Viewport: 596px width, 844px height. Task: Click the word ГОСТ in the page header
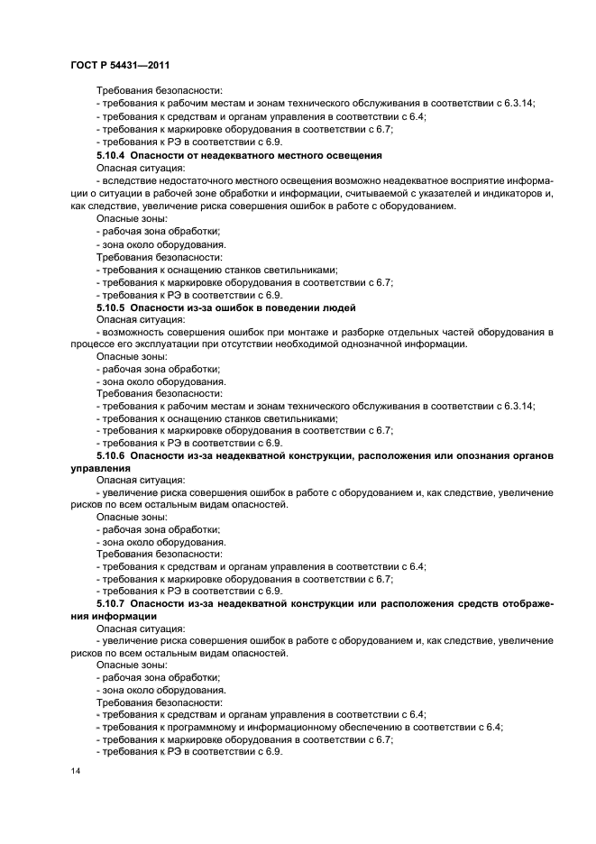pos(84,65)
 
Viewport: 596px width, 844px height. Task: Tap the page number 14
pos(76,773)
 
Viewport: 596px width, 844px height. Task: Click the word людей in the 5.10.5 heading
pos(338,307)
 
